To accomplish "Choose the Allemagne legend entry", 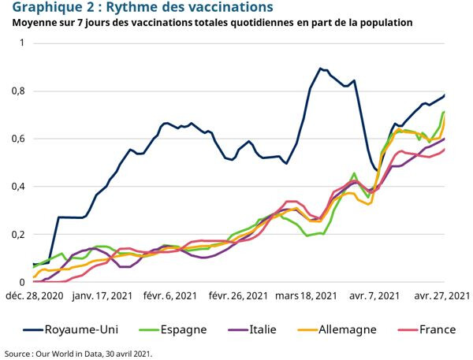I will (x=348, y=329).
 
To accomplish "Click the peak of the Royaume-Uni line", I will (x=320, y=69).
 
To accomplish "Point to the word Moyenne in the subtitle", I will (x=35, y=23).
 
